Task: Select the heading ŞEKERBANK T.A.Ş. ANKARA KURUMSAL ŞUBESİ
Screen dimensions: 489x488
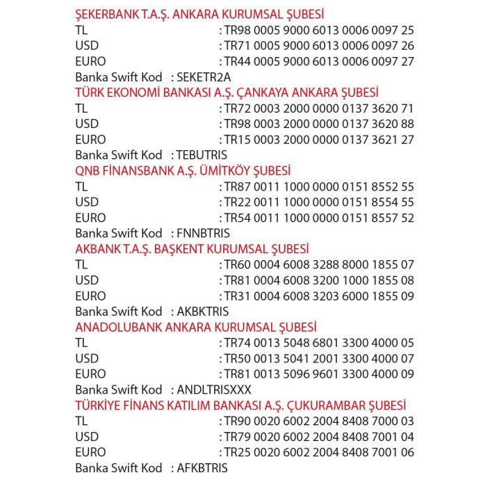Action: click(x=200, y=14)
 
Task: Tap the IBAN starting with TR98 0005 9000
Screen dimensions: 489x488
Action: click(x=319, y=30)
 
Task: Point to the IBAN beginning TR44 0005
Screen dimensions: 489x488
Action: click(x=319, y=61)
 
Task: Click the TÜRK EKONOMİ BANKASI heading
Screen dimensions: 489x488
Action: click(x=227, y=93)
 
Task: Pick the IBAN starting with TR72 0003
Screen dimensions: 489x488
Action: click(x=319, y=109)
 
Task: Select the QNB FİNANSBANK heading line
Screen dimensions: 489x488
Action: click(x=183, y=170)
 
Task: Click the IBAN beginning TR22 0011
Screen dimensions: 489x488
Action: click(x=319, y=202)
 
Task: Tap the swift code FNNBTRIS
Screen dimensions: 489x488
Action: click(x=204, y=233)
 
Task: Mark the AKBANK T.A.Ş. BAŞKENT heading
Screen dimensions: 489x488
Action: click(x=192, y=249)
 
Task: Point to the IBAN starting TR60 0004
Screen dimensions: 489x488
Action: click(x=319, y=265)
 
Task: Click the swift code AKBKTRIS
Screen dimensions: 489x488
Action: click(x=203, y=312)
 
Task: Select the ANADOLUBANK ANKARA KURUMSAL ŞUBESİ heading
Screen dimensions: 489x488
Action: click(x=196, y=327)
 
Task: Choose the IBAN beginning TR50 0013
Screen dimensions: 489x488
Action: click(x=319, y=359)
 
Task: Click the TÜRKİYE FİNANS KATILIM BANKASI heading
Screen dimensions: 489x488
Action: click(x=241, y=406)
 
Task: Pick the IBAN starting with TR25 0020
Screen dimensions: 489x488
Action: click(x=319, y=452)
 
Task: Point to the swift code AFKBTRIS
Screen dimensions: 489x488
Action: click(x=202, y=468)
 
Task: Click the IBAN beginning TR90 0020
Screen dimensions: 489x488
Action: click(x=319, y=422)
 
